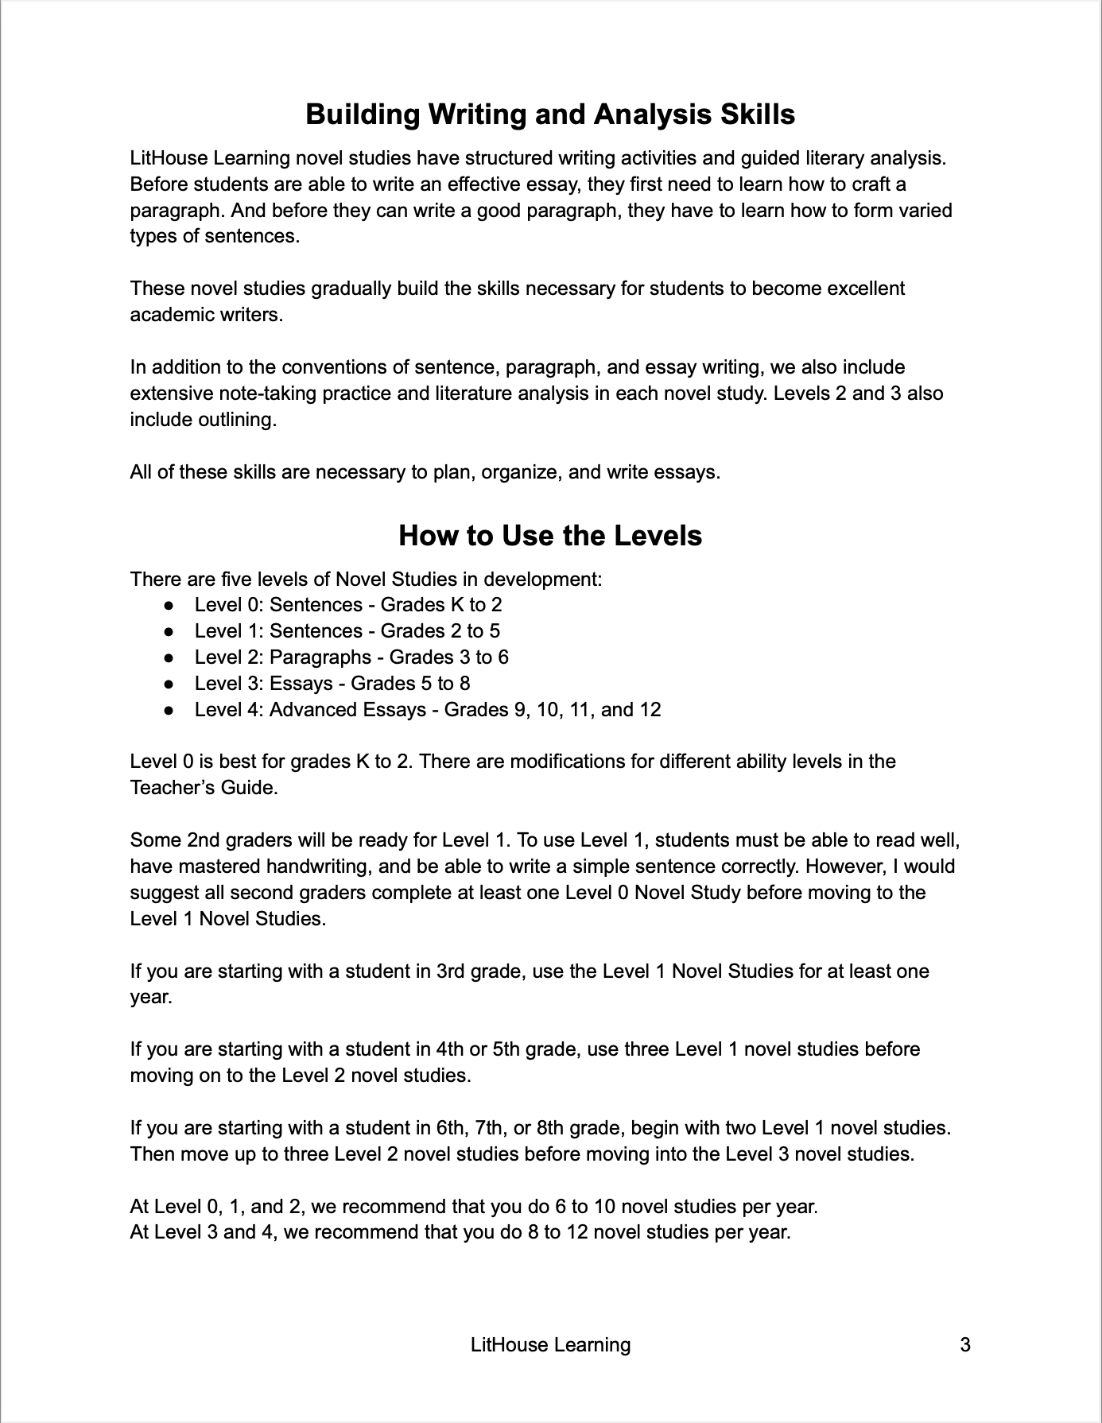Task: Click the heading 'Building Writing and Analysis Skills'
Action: click(550, 114)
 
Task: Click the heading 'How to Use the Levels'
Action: click(550, 535)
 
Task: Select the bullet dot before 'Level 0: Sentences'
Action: click(169, 605)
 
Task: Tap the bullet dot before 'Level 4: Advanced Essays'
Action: click(169, 710)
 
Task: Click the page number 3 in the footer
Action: click(965, 1345)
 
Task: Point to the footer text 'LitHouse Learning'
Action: click(550, 1345)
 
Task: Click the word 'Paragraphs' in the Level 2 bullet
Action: click(320, 657)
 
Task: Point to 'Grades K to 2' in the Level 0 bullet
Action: click(441, 605)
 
